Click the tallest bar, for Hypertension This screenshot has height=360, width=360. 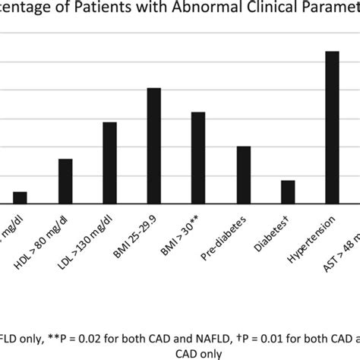click(332, 127)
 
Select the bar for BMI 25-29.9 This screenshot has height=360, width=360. click(154, 146)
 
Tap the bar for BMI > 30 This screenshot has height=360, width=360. click(198, 158)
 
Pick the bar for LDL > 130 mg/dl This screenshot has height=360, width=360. click(109, 163)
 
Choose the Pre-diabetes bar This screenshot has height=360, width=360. click(243, 175)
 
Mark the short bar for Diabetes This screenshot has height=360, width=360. click(288, 192)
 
